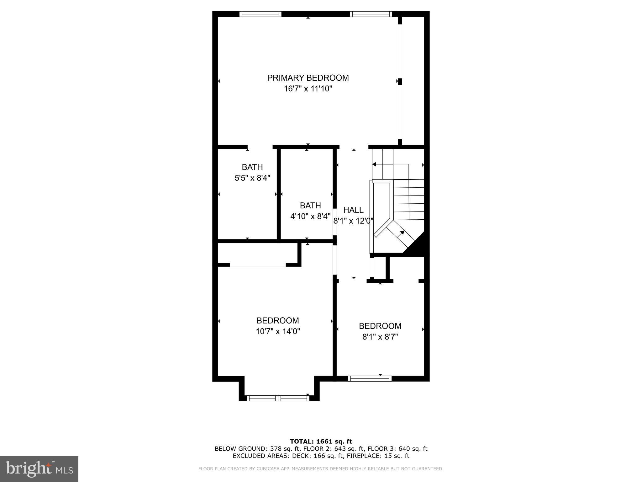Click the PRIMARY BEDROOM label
tap(308, 78)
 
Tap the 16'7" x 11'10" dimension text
tap(308, 89)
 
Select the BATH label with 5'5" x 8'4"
tap(252, 167)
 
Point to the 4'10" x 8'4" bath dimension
tap(310, 217)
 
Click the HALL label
tap(353, 210)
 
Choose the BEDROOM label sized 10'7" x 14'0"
tap(277, 320)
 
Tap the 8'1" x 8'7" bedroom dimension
tap(380, 337)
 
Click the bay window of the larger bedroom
tap(278, 398)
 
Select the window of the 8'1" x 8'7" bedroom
tap(370, 378)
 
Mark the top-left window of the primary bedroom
tap(260, 14)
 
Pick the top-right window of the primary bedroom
tap(371, 14)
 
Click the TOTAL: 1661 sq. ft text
tap(321, 442)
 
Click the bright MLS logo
tap(39, 469)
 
